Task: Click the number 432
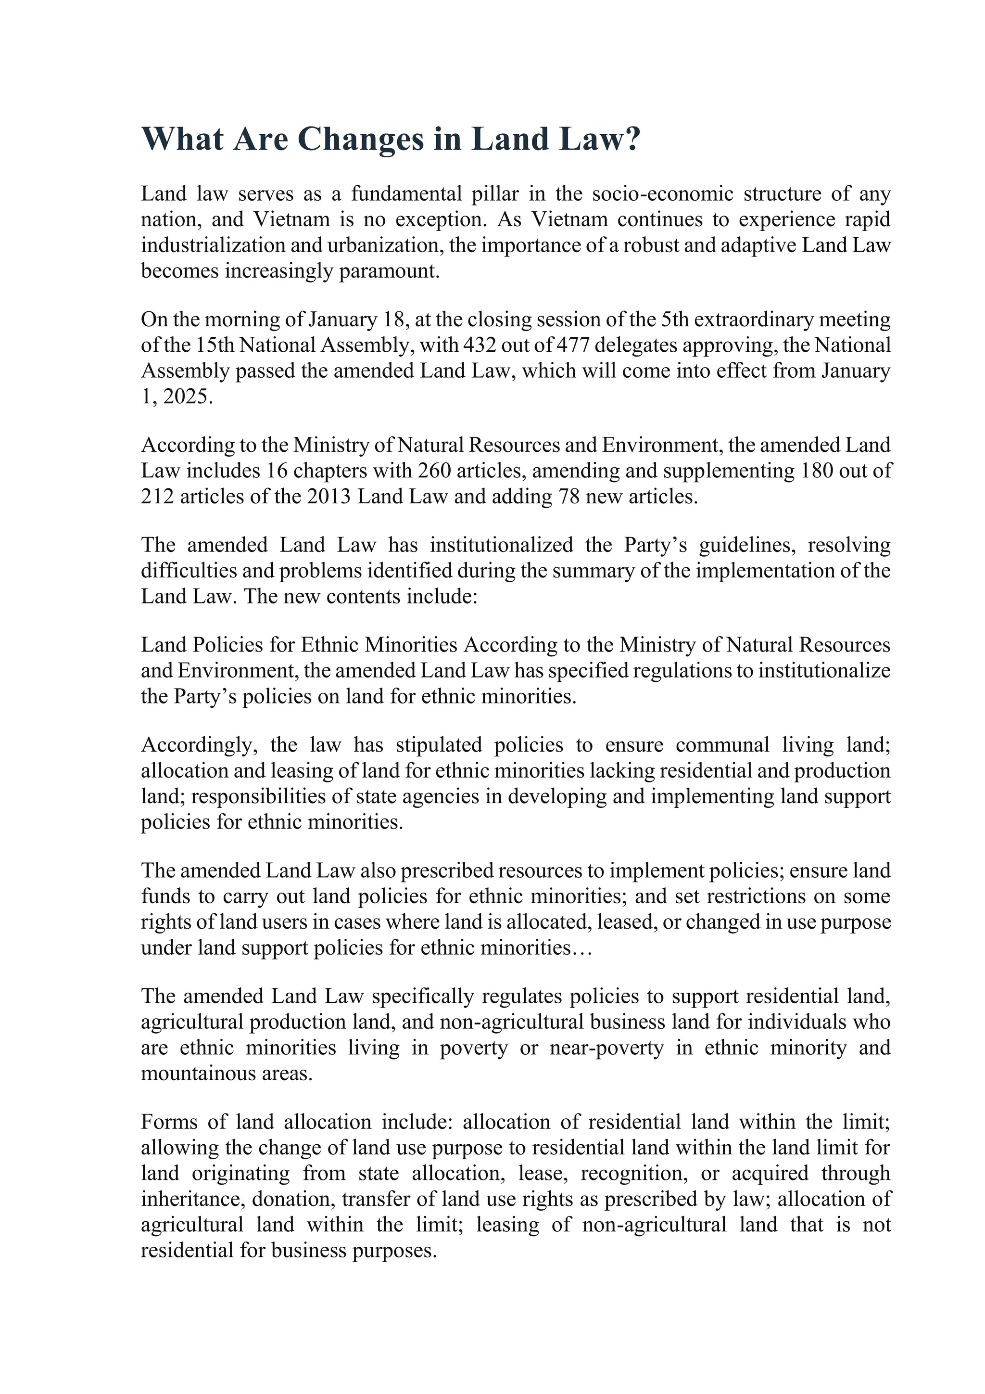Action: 478,345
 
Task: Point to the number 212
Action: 157,497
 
